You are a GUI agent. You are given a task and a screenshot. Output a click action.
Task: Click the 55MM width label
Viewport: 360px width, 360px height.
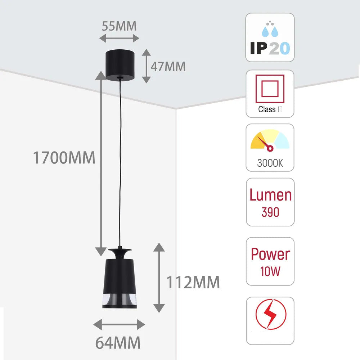tap(119, 26)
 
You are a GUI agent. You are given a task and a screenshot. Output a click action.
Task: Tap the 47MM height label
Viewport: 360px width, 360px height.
tap(168, 67)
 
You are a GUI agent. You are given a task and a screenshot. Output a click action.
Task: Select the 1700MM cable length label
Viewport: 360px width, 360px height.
tap(64, 158)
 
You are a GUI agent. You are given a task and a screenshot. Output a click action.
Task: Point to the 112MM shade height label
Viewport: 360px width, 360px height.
tap(193, 282)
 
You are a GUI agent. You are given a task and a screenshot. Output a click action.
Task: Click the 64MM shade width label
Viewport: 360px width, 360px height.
tap(118, 343)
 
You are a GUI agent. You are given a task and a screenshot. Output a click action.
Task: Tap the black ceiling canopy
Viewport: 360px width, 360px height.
tap(120, 65)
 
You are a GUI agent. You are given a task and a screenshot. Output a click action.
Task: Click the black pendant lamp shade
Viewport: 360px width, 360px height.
tap(120, 278)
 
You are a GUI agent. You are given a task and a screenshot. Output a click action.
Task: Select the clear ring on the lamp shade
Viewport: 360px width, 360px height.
tap(120, 300)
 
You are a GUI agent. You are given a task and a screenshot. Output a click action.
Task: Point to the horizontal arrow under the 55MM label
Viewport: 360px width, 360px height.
tap(119, 38)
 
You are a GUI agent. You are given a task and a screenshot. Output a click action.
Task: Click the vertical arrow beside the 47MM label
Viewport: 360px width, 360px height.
tap(146, 66)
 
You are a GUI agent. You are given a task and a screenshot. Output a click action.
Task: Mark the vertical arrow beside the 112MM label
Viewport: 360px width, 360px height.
tap(159, 278)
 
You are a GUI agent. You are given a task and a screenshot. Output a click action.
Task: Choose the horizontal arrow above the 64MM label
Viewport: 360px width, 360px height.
tap(119, 324)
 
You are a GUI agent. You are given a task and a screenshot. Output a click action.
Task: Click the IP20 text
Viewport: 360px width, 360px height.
tap(270, 48)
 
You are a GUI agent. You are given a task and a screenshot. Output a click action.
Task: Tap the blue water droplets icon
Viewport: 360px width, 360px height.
tap(270, 29)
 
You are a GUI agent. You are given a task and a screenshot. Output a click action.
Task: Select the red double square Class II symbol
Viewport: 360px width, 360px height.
tap(270, 89)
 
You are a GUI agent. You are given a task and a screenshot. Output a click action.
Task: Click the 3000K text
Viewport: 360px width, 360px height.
tap(270, 163)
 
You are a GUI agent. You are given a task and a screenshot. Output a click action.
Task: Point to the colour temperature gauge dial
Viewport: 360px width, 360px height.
tap(270, 140)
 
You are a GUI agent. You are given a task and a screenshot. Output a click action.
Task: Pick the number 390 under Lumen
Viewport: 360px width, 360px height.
tap(270, 212)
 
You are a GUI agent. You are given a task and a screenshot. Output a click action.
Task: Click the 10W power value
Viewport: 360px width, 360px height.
tap(270, 271)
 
